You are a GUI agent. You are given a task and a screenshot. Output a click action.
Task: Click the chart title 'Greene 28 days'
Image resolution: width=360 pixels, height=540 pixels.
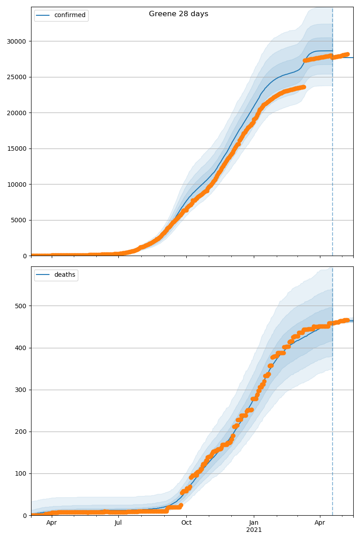click(x=179, y=14)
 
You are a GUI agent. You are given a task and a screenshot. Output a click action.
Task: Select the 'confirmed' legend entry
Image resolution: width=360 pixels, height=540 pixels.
click(x=70, y=15)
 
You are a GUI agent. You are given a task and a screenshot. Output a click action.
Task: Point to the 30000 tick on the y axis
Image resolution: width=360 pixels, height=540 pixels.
click(x=16, y=41)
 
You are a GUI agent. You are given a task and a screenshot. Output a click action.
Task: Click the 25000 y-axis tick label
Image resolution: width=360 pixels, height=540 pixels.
click(x=16, y=77)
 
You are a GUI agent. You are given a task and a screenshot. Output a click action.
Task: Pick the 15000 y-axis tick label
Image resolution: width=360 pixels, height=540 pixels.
click(x=16, y=148)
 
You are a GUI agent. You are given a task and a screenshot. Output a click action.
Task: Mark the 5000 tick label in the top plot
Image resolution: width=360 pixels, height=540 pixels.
click(x=18, y=220)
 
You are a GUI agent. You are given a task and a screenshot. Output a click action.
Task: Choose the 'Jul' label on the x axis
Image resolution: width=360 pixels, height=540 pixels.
click(x=118, y=523)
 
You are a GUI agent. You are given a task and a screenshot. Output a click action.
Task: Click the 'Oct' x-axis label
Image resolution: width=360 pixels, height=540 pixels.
click(x=186, y=523)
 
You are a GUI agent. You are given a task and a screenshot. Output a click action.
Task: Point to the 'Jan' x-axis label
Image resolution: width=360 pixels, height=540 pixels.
click(x=254, y=523)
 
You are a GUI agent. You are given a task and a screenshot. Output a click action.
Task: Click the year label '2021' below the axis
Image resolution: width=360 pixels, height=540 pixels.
click(x=254, y=530)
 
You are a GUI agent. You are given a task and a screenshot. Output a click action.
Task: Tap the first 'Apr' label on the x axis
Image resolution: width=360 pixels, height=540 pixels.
click(x=52, y=523)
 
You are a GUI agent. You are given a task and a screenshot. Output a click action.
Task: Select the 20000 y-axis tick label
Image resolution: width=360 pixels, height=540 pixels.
click(x=16, y=113)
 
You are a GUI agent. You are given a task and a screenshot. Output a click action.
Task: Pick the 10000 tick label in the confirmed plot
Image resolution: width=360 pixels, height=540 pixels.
click(x=16, y=184)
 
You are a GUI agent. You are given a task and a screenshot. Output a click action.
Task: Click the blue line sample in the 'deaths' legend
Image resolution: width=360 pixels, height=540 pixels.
click(x=44, y=275)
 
